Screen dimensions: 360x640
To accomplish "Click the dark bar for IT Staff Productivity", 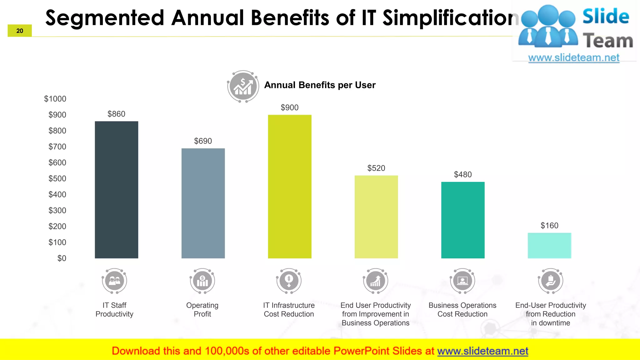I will click(116, 190).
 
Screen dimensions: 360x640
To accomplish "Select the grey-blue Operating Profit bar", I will click(203, 203).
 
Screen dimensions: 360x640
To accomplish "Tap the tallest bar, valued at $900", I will click(289, 187).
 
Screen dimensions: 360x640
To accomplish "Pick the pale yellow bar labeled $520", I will click(376, 217).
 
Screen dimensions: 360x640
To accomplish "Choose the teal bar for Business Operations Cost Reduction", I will click(462, 220).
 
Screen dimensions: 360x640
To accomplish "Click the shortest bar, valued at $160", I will click(549, 246).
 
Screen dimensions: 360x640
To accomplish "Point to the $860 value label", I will click(116, 114).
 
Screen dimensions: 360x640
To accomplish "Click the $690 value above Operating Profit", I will click(203, 141).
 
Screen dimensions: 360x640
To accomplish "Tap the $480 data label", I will click(462, 175).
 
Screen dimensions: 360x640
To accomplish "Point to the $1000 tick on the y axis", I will click(55, 99).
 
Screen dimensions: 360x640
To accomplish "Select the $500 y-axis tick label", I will click(57, 179).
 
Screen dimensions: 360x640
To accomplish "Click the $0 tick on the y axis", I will click(62, 258).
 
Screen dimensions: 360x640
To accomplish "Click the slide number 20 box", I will click(20, 31).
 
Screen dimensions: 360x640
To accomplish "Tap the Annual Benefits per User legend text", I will click(320, 85).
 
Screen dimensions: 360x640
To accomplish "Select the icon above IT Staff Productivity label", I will click(114, 281).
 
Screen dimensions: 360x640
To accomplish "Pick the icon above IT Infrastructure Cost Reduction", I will click(289, 281).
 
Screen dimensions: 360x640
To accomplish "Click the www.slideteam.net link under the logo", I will click(573, 58).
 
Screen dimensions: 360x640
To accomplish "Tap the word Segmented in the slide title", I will click(105, 18).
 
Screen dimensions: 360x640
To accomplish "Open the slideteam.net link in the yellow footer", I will click(482, 351).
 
